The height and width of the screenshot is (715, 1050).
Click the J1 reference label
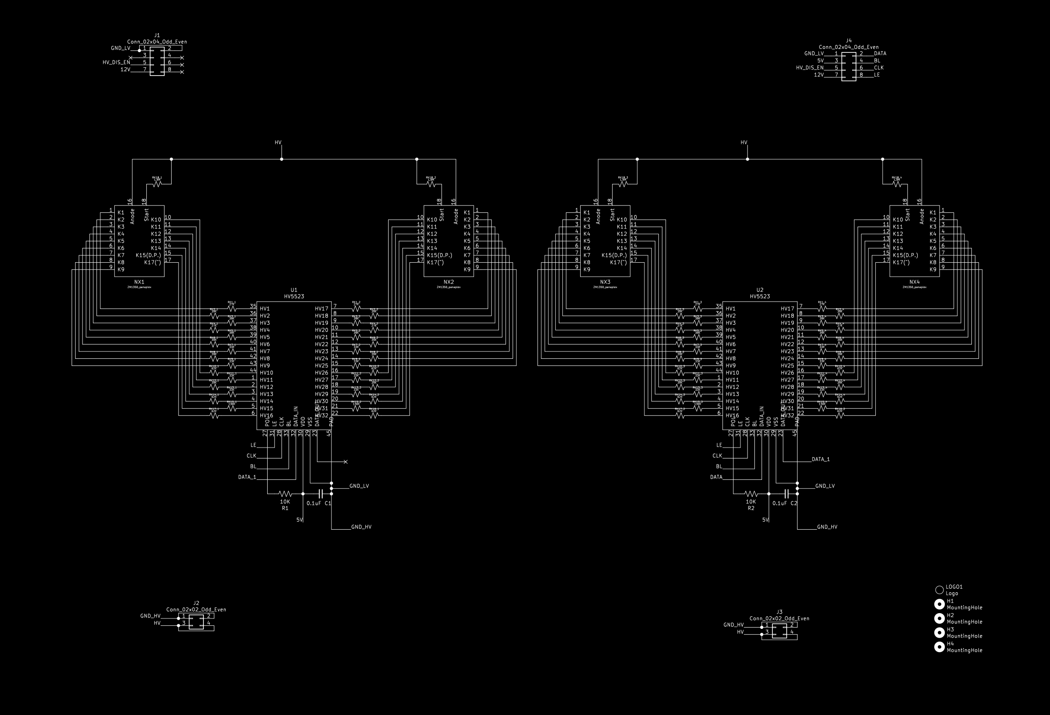click(157, 35)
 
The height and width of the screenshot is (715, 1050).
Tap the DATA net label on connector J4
click(880, 53)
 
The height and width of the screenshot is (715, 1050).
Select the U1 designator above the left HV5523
click(294, 290)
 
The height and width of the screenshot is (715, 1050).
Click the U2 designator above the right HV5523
click(760, 290)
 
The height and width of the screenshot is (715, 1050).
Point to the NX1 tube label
click(140, 282)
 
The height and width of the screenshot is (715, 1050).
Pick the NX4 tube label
click(915, 282)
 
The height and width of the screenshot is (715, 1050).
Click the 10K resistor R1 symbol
click(285, 494)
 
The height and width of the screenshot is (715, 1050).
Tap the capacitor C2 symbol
click(787, 494)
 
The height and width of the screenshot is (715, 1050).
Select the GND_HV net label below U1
click(361, 528)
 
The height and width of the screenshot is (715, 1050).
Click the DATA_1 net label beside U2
click(821, 459)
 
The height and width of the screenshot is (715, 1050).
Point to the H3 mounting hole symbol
click(939, 633)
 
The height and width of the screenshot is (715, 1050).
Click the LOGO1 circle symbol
click(939, 590)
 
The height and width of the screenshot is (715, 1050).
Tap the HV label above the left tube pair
click(278, 142)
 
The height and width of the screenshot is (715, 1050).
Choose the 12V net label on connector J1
click(125, 69)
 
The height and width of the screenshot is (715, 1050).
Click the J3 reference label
click(780, 612)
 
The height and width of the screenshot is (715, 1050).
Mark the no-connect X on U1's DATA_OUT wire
click(346, 462)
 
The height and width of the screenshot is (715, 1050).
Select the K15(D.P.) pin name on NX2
click(440, 256)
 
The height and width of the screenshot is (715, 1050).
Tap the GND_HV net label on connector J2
click(151, 616)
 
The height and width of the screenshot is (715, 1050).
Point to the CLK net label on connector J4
click(879, 68)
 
